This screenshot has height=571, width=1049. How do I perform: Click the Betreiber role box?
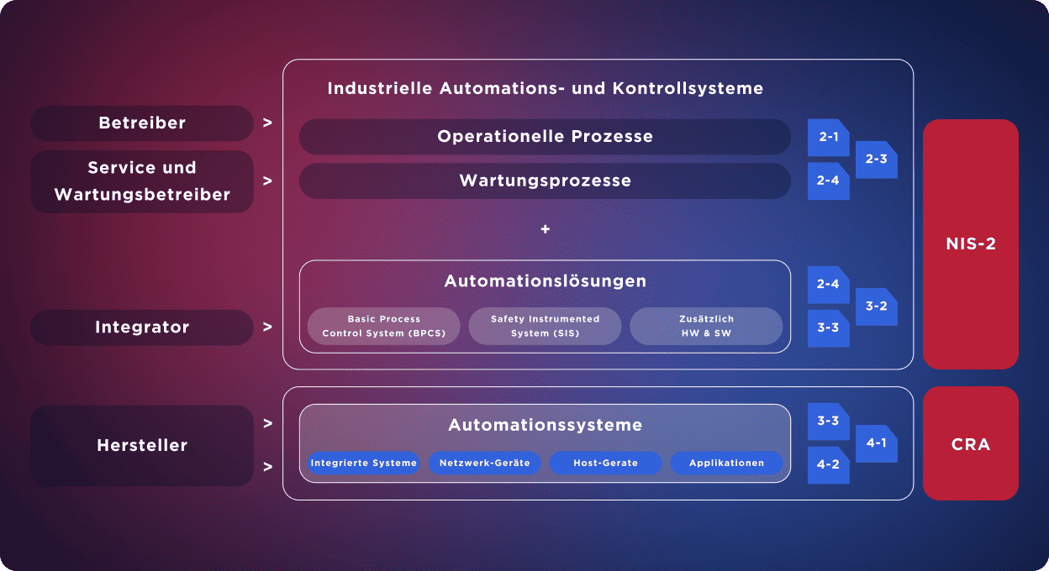point(142,123)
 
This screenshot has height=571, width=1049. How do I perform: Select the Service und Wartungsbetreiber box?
point(142,181)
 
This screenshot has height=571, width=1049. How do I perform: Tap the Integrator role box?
point(142,327)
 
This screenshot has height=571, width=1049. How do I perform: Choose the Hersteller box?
point(142,446)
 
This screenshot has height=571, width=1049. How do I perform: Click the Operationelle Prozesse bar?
point(545,137)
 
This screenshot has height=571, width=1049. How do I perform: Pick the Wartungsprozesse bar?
point(545,181)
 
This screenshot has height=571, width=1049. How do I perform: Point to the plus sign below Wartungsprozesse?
point(545,229)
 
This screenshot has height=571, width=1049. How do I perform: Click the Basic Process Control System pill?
point(383,327)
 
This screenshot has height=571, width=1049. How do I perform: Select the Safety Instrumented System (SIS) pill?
point(545,327)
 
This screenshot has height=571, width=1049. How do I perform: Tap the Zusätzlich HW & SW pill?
point(706,327)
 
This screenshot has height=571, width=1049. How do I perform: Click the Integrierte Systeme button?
point(363,464)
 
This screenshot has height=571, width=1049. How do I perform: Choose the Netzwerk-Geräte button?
point(484,464)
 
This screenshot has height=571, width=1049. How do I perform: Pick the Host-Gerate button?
point(605,464)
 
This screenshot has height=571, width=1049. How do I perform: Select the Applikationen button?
point(726,464)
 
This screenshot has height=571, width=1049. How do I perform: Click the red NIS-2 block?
point(970,244)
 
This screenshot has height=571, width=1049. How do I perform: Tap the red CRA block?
point(970,444)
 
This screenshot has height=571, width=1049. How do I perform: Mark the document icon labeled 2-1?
point(828,138)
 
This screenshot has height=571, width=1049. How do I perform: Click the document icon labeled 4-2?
point(828,464)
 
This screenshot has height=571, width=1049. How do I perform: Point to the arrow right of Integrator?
point(267,327)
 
